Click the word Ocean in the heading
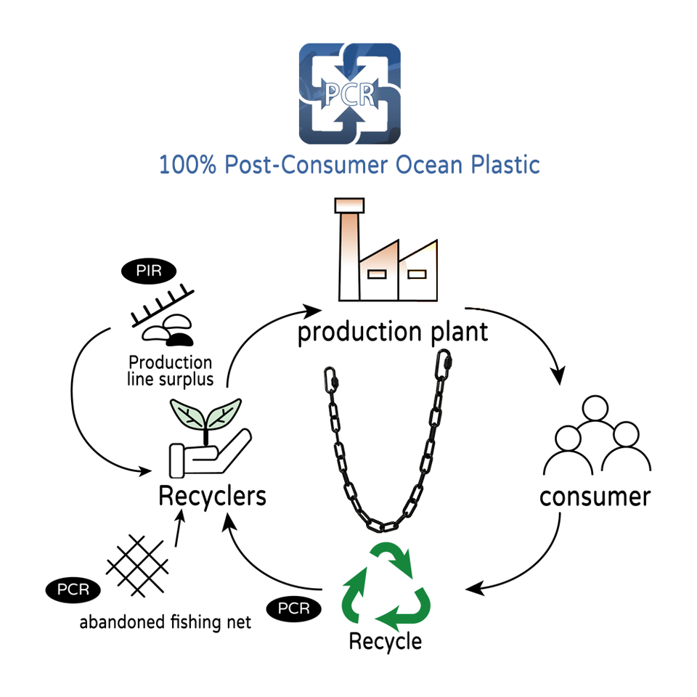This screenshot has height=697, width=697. (x=433, y=164)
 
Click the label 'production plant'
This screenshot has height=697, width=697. (x=393, y=333)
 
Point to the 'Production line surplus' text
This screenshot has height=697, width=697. (x=170, y=370)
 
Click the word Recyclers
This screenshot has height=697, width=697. (x=212, y=497)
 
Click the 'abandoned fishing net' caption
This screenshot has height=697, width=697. (x=166, y=622)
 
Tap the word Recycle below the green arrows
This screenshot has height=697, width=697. (x=385, y=642)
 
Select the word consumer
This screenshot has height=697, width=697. (x=595, y=497)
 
